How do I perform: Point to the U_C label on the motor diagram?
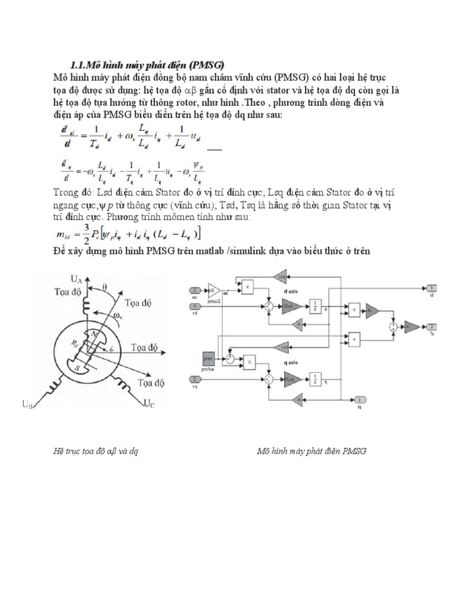[149, 405]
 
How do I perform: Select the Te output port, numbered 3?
[432, 326]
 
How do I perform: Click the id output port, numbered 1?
[432, 288]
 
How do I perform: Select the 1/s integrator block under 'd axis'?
[313, 305]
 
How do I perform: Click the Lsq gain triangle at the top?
[279, 275]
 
